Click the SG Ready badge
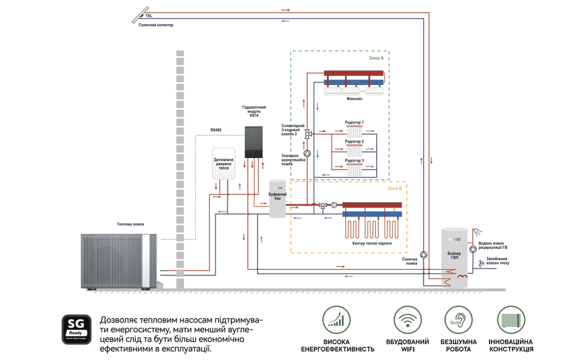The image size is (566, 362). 76,329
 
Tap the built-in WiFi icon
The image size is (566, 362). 408,320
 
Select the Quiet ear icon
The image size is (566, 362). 458,320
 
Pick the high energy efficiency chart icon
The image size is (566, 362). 336,320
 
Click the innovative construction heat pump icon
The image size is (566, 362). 511,320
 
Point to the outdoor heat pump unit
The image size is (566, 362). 119,261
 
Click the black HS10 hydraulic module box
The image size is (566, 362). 254,142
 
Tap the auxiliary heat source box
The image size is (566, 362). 224,164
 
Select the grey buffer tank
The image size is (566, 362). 277,199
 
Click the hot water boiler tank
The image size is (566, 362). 454,257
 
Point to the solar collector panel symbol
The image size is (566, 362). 140,15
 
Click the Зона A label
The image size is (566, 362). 376,58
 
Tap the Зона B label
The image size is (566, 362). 395,189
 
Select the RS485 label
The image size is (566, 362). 216,130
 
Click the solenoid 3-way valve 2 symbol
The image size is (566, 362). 308,134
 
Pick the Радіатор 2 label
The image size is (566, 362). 355,141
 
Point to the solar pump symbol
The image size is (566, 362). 424,255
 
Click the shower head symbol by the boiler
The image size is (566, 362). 477,232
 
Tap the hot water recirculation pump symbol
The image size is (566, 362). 473,249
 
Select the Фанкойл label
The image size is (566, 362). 355,99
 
